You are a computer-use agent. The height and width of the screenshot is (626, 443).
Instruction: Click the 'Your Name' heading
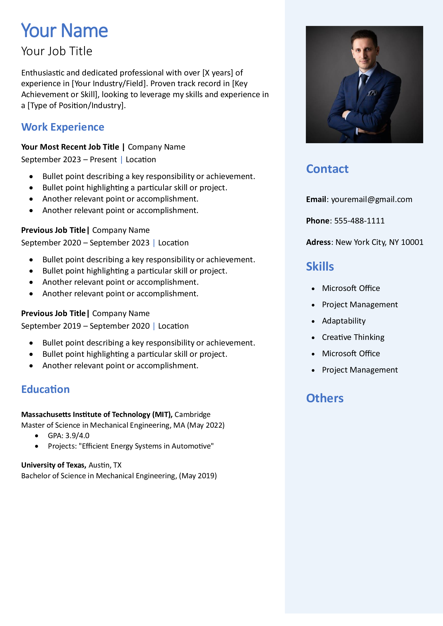point(64,30)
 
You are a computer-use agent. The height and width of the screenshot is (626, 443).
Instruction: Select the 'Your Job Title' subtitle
point(57,51)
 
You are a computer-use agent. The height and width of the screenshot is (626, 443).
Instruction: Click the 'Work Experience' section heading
point(63,127)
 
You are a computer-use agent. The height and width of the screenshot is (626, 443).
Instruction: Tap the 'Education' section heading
point(46,389)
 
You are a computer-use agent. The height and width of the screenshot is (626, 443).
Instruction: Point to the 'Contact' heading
point(327,169)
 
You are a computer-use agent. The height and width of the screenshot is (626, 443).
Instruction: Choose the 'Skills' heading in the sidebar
point(320,267)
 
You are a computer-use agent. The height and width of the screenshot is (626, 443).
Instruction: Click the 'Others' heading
point(325,398)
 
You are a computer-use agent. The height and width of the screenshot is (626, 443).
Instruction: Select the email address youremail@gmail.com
point(371,199)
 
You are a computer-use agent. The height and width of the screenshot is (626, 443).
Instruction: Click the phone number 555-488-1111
point(359,221)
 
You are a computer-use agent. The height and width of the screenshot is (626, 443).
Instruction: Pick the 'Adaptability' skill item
point(344,321)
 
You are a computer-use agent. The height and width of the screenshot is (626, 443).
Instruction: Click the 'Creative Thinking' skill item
point(353,337)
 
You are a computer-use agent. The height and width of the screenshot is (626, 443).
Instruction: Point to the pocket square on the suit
point(372,93)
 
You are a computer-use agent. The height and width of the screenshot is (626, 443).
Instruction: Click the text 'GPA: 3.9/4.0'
point(69,436)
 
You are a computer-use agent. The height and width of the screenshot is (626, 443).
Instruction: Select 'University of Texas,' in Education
point(54,465)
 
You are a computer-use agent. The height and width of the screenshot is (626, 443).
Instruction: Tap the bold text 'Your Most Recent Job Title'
point(70,147)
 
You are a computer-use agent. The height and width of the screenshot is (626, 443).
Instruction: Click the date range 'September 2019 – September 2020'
point(85,326)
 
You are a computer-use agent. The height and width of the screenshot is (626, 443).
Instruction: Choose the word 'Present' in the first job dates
point(103,160)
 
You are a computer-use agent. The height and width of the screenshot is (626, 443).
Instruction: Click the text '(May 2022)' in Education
point(206,425)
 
